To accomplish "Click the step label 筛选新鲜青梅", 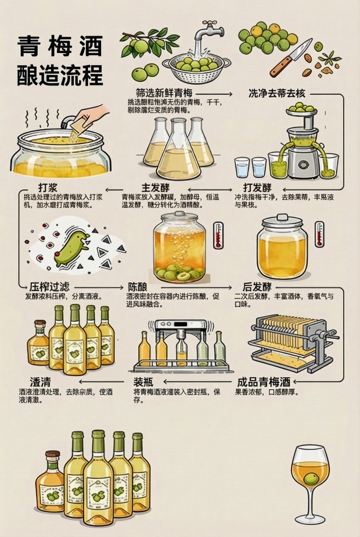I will [164, 93].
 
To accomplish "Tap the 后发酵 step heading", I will [257, 287].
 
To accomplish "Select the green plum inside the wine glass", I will [311, 480].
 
